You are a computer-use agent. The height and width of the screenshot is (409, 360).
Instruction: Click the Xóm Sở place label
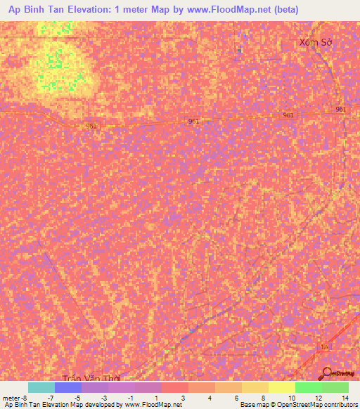coord(315,42)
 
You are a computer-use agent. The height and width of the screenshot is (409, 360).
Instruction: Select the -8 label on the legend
coord(24,398)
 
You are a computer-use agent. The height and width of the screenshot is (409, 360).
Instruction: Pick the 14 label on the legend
coord(344,398)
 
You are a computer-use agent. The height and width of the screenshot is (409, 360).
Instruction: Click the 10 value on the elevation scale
coord(290,398)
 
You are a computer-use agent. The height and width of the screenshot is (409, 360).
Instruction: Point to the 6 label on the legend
coord(237,398)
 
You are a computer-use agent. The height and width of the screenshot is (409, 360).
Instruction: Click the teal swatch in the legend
coord(41,387)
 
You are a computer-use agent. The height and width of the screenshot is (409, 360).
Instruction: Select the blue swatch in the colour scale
coord(68,387)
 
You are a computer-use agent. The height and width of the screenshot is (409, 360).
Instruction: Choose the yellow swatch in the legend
coord(282,387)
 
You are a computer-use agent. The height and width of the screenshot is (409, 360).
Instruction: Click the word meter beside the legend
coord(11,398)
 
